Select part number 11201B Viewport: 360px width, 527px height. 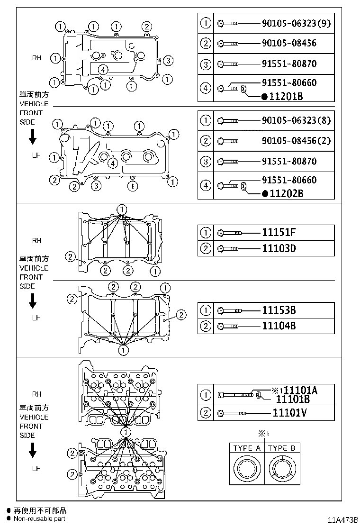click(x=286, y=97)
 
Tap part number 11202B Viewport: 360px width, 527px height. click(x=286, y=194)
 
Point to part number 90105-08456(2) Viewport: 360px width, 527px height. click(x=296, y=141)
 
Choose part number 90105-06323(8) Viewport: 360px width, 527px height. click(x=296, y=120)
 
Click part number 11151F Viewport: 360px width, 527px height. click(x=279, y=232)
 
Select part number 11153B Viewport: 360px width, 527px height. click(x=279, y=310)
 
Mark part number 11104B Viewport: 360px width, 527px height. click(x=279, y=326)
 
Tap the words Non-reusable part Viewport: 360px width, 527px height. click(x=39, y=518)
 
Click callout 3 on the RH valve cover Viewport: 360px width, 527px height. click(x=169, y=60)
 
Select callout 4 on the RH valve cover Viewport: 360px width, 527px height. click(x=103, y=69)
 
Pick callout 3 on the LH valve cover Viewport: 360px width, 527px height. click(x=96, y=185)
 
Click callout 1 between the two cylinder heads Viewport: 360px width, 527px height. click(x=126, y=432)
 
